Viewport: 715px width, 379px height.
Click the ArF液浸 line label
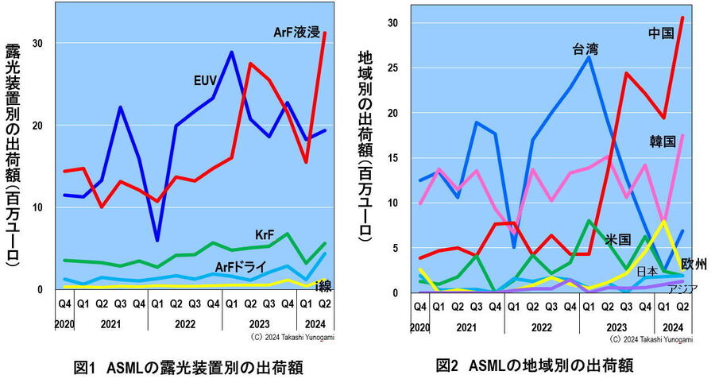pos(296,33)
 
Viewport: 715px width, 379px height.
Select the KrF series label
pos(265,236)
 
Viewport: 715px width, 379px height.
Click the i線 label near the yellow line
pos(322,285)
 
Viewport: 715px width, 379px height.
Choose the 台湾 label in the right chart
pos(586,49)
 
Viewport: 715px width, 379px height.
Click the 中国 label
pos(661,33)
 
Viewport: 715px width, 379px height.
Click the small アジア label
pos(682,288)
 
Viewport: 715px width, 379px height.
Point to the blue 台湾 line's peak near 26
pos(589,56)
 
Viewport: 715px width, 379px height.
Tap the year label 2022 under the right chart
pos(541,327)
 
